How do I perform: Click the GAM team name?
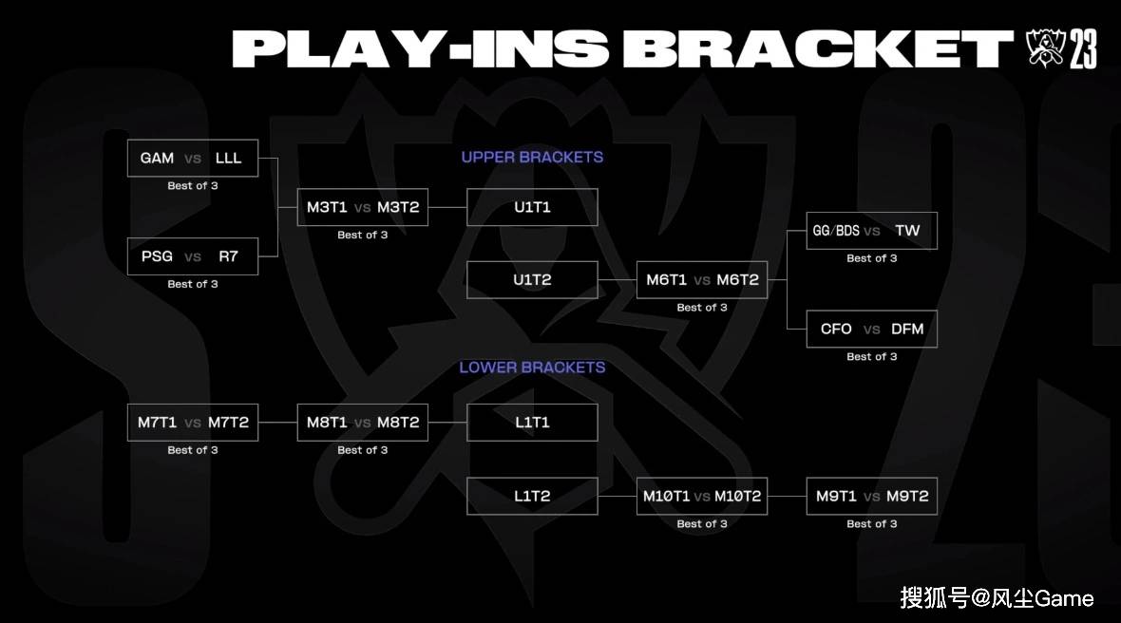[x=157, y=158]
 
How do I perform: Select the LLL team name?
[x=228, y=158]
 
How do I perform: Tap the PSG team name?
[x=157, y=256]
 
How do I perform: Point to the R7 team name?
[x=228, y=256]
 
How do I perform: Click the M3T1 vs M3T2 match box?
[x=363, y=207]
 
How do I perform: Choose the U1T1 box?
[x=532, y=207]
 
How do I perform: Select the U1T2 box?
[x=532, y=280]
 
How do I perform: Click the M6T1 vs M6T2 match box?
[x=702, y=280]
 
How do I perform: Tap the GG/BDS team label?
[x=836, y=231]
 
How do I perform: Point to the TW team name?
[x=907, y=231]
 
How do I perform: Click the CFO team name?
[x=836, y=330]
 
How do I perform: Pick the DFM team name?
[x=907, y=330]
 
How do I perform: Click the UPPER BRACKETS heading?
[x=532, y=158]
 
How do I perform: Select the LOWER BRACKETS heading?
[x=532, y=368]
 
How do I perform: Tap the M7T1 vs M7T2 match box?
[x=192, y=423]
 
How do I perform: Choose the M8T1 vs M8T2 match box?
[x=363, y=423]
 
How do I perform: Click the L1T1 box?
[x=532, y=423]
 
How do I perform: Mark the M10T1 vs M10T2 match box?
[x=702, y=496]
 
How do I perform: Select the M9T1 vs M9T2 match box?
[x=871, y=496]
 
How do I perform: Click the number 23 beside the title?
[x=1083, y=48]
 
